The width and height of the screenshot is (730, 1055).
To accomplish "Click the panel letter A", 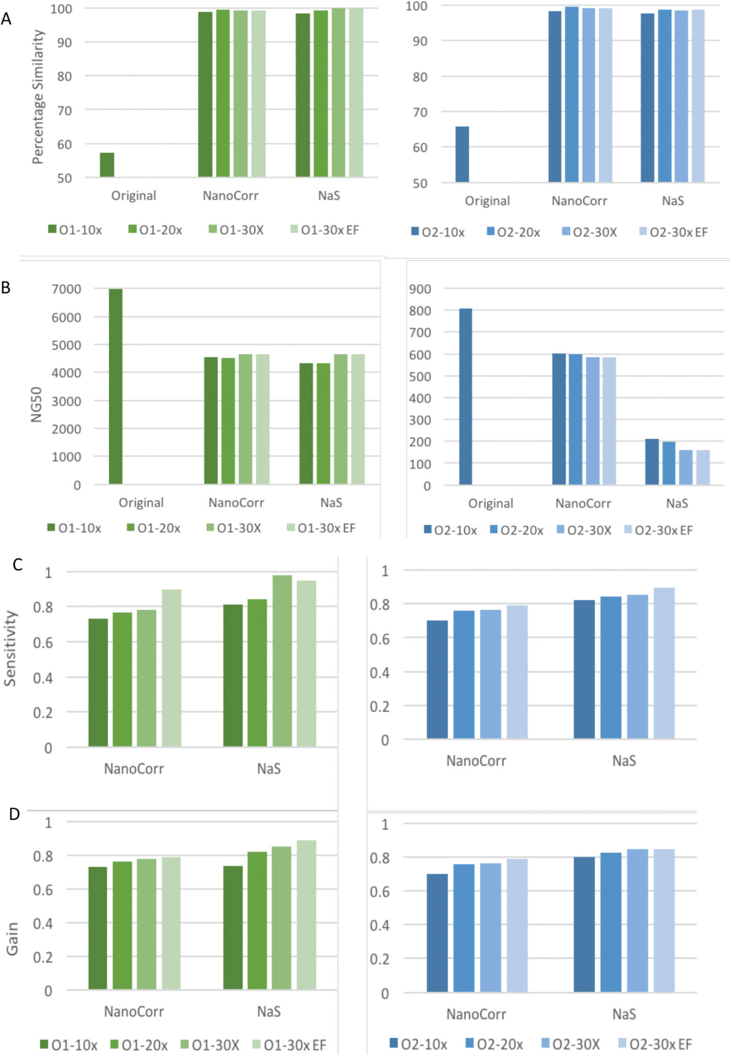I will click(x=6, y=19).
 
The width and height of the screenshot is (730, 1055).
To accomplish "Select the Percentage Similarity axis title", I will click(x=38, y=97).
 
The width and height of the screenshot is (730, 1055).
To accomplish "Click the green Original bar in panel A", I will click(x=107, y=165).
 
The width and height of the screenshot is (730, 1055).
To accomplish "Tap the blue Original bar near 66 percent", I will click(x=462, y=154).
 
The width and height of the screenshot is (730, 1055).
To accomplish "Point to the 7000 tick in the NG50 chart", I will click(x=66, y=289).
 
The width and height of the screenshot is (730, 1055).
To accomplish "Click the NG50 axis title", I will click(x=36, y=405).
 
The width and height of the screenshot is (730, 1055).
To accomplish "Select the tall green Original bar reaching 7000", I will click(x=116, y=386).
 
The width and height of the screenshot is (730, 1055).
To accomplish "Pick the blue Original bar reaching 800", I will click(x=465, y=396).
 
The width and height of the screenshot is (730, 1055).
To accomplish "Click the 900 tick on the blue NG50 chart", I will click(x=420, y=289).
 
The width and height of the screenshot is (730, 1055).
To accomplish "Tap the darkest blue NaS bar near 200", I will click(x=652, y=462).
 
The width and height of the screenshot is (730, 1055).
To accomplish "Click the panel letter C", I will click(x=18, y=565).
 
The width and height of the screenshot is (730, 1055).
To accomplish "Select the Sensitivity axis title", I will click(x=10, y=648).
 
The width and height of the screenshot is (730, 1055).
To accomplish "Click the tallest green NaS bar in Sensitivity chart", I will click(x=282, y=661).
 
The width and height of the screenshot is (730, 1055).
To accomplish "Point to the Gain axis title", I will click(x=12, y=938).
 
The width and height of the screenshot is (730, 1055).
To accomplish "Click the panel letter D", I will click(x=14, y=814).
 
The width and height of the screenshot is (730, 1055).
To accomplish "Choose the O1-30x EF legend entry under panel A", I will click(x=324, y=230).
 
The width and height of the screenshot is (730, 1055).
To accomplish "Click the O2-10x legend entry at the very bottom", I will click(x=418, y=1044).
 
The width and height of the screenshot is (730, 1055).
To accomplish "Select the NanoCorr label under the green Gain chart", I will click(x=134, y=1011).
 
